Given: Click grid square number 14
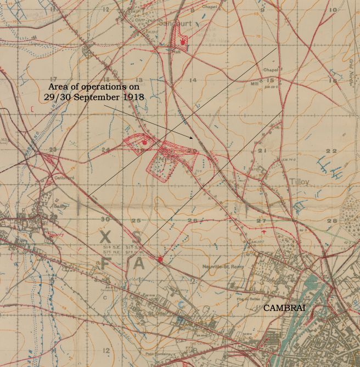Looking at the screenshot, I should pos(192,80).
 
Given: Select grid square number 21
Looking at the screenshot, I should pos(262,150).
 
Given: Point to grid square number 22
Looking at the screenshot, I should pos(331,150).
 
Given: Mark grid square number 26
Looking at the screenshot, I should pos(192,221).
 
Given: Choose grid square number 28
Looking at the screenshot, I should pos(331,221).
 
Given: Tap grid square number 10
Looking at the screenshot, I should pos(333,10).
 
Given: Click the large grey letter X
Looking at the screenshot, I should pos(105,236).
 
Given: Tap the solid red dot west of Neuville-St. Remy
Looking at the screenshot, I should pos(160,259).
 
